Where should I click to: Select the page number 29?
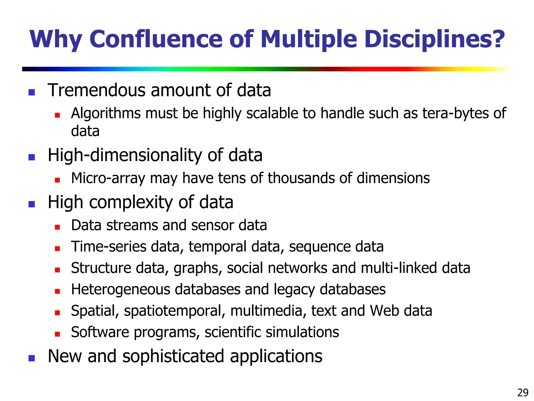click(x=523, y=392)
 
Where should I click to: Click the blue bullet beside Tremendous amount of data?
click(x=32, y=92)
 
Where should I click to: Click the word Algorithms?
click(x=106, y=114)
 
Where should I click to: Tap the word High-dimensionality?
click(x=125, y=155)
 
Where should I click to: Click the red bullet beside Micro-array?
click(x=57, y=180)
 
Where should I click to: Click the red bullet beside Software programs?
click(x=57, y=334)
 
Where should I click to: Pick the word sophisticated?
click(x=173, y=356)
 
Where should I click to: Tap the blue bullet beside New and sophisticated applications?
click(x=32, y=358)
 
